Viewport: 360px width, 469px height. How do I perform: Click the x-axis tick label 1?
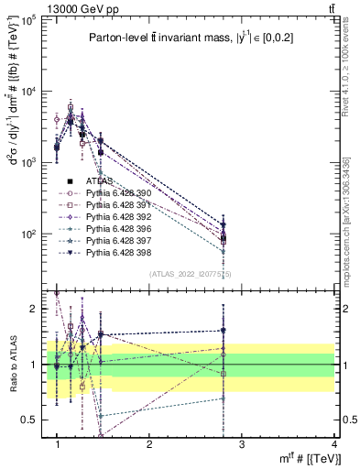coord(57,444)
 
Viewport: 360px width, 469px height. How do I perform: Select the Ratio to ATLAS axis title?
coord(12,365)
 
